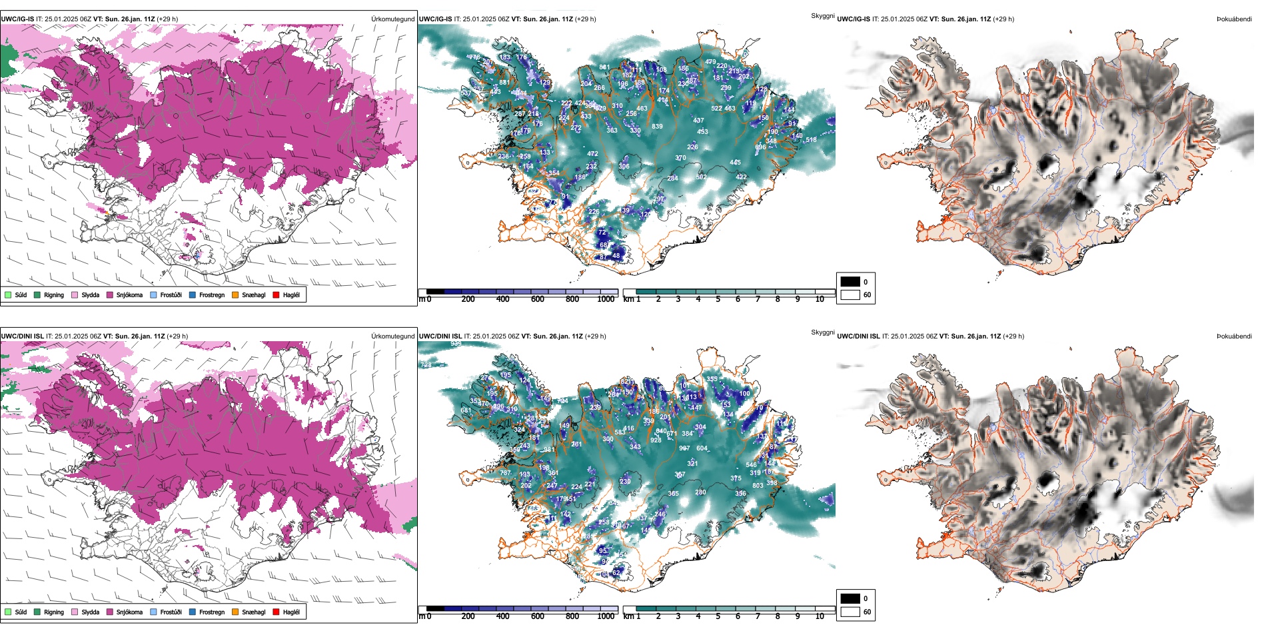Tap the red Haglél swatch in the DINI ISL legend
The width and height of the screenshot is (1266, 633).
(276, 612)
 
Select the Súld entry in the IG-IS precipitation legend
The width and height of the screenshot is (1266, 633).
(8, 295)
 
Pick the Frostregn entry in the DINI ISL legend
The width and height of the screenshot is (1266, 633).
(193, 612)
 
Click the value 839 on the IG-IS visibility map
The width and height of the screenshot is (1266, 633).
(657, 126)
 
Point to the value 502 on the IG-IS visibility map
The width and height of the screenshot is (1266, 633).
(701, 177)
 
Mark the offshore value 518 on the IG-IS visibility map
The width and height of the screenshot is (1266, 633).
(811, 140)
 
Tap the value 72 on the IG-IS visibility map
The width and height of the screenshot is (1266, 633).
(602, 233)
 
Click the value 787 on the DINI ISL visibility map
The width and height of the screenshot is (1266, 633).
(505, 473)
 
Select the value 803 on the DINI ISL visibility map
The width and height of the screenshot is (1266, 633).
(758, 486)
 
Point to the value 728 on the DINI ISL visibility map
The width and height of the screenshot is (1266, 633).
(426, 365)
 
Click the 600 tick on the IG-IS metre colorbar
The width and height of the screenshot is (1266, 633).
(538, 299)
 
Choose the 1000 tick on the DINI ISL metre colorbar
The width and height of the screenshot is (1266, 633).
(606, 616)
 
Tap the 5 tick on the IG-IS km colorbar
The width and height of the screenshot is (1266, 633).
(718, 299)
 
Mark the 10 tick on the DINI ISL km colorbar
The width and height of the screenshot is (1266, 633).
(820, 616)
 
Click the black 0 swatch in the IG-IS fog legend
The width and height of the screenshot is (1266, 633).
(850, 282)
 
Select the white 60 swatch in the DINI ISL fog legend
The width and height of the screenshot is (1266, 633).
(850, 612)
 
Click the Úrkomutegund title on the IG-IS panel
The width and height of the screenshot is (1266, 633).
(392, 19)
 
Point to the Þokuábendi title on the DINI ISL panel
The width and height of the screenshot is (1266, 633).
(1234, 336)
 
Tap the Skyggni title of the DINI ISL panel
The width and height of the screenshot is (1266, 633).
(822, 332)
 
